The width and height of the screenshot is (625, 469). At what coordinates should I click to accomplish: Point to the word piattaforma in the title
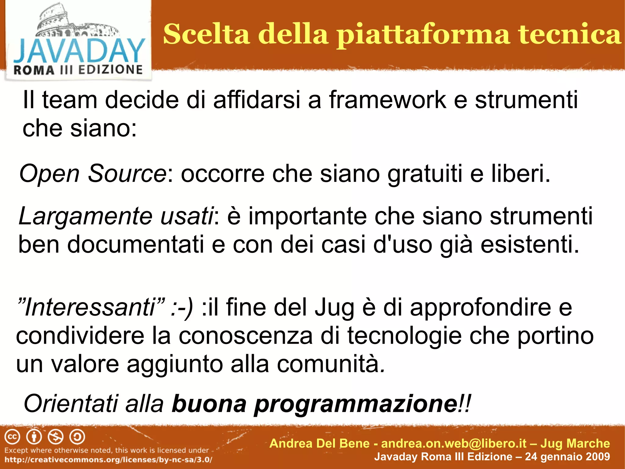coord(423,35)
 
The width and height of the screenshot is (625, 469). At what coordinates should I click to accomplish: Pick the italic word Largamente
coord(85,216)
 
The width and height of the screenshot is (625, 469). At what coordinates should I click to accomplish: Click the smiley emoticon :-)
coord(182,307)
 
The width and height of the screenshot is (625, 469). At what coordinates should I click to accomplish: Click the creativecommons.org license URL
coord(108,460)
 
